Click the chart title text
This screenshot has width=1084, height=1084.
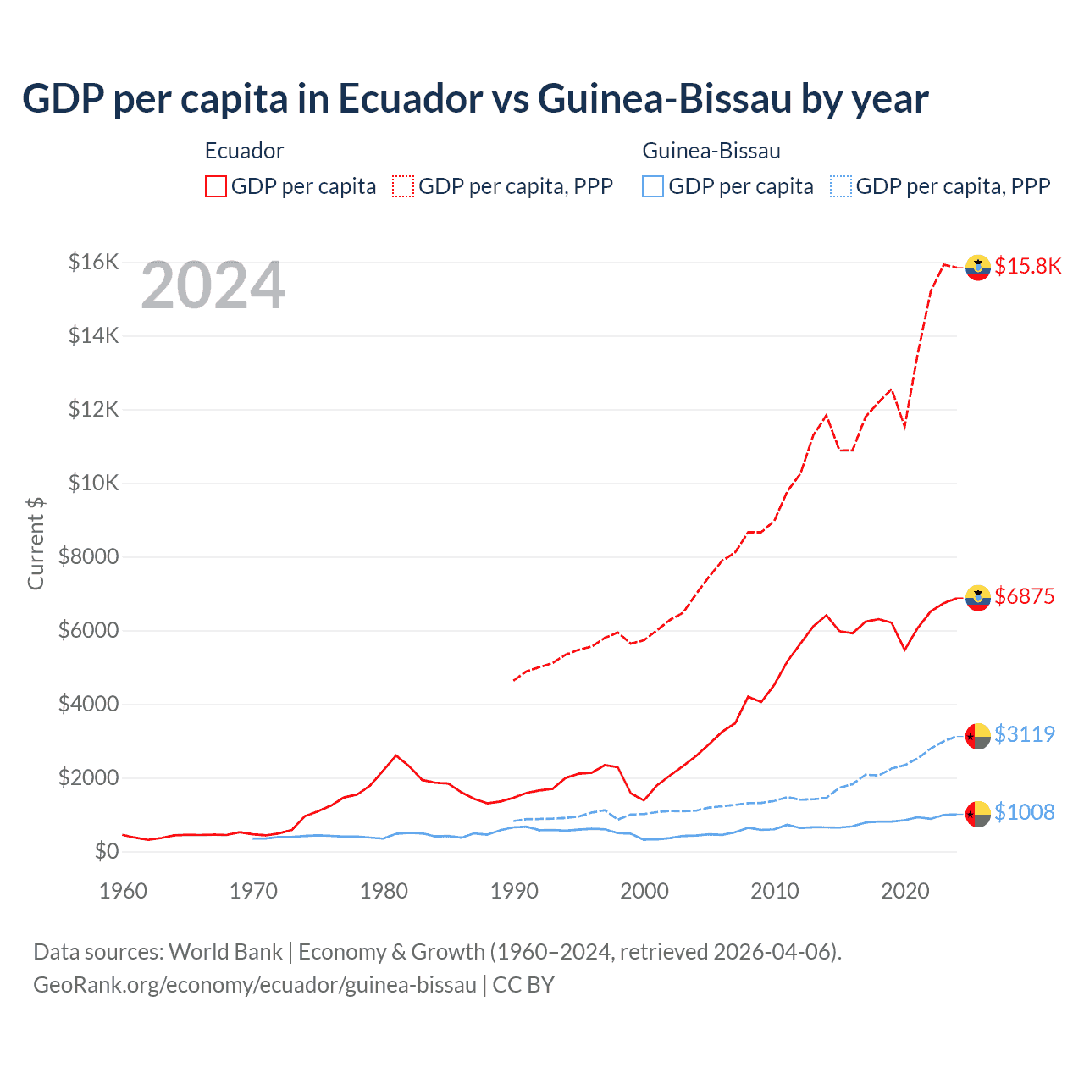click(x=475, y=98)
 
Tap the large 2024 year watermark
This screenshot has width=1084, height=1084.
click(x=213, y=286)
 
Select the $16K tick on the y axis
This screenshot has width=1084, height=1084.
click(x=93, y=262)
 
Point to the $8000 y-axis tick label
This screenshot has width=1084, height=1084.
click(x=88, y=556)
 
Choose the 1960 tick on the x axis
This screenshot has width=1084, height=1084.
click(x=124, y=891)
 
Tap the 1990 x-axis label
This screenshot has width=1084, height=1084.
click(x=514, y=891)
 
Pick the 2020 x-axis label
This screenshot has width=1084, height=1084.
click(x=905, y=891)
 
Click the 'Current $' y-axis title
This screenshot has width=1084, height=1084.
click(x=36, y=543)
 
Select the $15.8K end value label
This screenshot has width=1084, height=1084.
click(x=1027, y=266)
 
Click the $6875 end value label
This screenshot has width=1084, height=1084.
click(x=1024, y=596)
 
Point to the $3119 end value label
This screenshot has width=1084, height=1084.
click(x=1024, y=734)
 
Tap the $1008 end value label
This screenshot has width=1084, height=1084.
click(x=1024, y=812)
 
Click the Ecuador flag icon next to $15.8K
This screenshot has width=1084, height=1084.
click(x=978, y=267)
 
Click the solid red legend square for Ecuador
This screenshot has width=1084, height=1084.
click(x=216, y=186)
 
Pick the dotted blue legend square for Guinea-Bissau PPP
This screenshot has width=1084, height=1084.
click(x=841, y=186)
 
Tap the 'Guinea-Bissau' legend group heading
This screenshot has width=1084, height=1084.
click(x=711, y=151)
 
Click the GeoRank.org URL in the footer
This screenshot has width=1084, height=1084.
click(x=255, y=985)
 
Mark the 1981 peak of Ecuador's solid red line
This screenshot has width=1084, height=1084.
click(x=396, y=755)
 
